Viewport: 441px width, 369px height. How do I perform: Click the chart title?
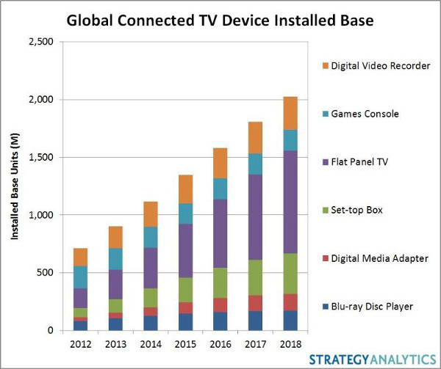(220, 20)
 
